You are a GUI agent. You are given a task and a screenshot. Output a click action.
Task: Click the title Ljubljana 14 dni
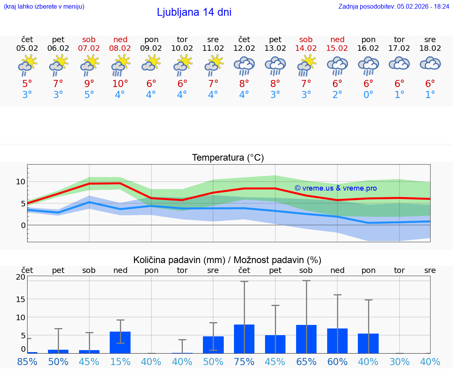tap(194, 12)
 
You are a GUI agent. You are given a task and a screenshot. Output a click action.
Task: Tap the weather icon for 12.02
tap(244, 65)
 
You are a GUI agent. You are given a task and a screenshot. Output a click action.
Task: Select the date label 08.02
tap(120, 48)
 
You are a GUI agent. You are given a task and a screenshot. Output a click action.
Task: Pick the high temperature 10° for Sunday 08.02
tap(120, 83)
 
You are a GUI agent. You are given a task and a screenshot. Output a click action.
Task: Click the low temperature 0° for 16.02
tap(368, 95)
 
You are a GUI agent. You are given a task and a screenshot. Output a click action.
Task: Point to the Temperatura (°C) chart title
tap(228, 158)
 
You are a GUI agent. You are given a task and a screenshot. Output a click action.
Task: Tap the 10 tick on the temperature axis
tap(20, 182)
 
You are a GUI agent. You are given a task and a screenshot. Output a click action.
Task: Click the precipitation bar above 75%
tap(244, 339)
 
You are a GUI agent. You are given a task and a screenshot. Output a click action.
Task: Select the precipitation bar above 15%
tap(120, 342)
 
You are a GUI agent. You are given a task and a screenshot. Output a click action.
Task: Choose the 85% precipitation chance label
tap(27, 362)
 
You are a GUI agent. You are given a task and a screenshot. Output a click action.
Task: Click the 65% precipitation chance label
tap(306, 362)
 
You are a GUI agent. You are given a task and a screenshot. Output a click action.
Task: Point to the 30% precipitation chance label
tap(400, 362)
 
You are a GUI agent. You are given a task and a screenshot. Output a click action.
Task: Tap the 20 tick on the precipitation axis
tap(20, 277)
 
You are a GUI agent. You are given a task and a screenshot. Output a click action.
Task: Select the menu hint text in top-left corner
tap(44, 6)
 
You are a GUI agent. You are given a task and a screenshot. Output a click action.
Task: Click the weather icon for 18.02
tap(430, 64)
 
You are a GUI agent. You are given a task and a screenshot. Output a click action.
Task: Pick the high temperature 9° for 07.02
tap(89, 83)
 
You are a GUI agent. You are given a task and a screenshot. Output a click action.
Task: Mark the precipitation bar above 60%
tap(337, 341)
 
